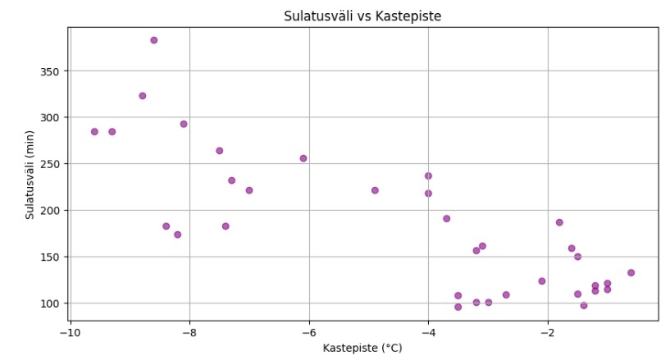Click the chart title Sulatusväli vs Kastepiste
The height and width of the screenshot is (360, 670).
tap(362, 16)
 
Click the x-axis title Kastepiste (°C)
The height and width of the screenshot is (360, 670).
tap(362, 348)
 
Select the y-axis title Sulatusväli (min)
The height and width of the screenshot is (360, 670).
tap(30, 175)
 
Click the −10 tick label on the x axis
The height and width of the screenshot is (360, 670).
tap(71, 332)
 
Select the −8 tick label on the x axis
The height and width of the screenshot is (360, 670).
tap(189, 332)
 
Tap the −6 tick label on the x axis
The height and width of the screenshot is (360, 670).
tap(309, 332)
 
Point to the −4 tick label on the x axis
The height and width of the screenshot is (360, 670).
tap(428, 332)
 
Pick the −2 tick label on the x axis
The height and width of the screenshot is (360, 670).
tap(547, 332)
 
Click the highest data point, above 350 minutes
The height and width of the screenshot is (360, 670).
tap(153, 40)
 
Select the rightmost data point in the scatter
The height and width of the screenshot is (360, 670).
tap(631, 273)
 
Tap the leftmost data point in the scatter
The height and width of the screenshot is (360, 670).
tap(94, 131)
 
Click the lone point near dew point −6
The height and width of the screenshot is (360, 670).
tap(303, 158)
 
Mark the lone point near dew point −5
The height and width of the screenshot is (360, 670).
tap(375, 190)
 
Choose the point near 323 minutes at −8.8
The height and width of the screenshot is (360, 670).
tap(143, 96)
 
